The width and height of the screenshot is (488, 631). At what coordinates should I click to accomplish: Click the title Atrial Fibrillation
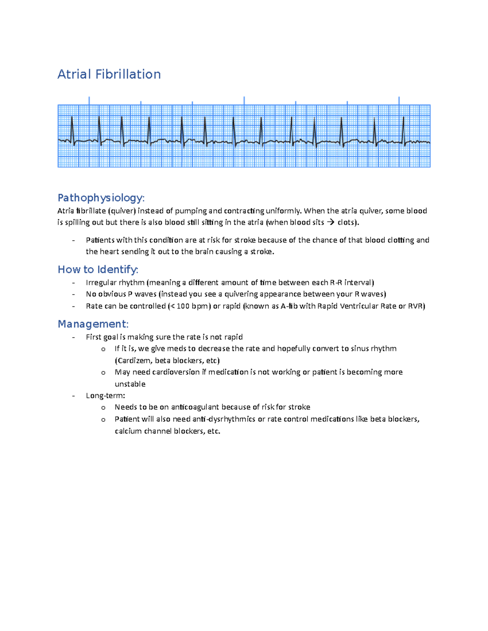109,74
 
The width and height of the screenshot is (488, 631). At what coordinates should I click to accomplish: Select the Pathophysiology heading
101,198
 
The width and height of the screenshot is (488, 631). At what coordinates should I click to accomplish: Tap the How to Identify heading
98,269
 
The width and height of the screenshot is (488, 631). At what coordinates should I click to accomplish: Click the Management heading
93,324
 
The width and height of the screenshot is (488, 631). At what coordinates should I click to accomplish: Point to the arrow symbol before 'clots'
331,222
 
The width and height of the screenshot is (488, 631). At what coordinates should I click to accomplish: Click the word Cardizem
135,360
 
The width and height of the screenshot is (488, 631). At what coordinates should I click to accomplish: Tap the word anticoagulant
196,407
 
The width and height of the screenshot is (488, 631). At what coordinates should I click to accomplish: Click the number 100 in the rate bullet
183,306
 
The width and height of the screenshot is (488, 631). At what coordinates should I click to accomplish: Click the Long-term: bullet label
105,395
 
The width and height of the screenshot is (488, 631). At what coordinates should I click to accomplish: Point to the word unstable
130,384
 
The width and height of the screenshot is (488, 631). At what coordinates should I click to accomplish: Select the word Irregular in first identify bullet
101,282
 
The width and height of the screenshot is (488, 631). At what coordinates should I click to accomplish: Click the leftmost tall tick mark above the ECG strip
89,100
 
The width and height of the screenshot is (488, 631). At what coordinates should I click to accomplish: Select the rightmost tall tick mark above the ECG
399,100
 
